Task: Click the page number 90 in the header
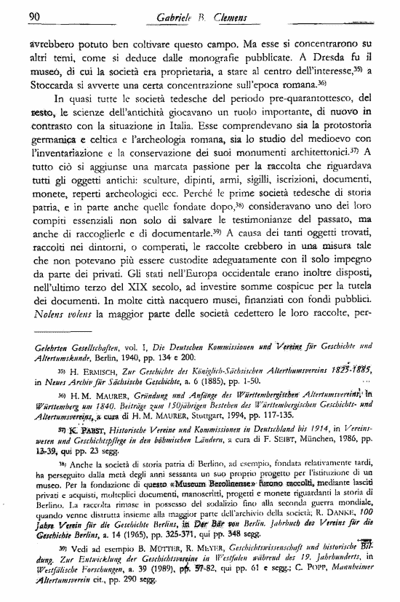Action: (x=33, y=17)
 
